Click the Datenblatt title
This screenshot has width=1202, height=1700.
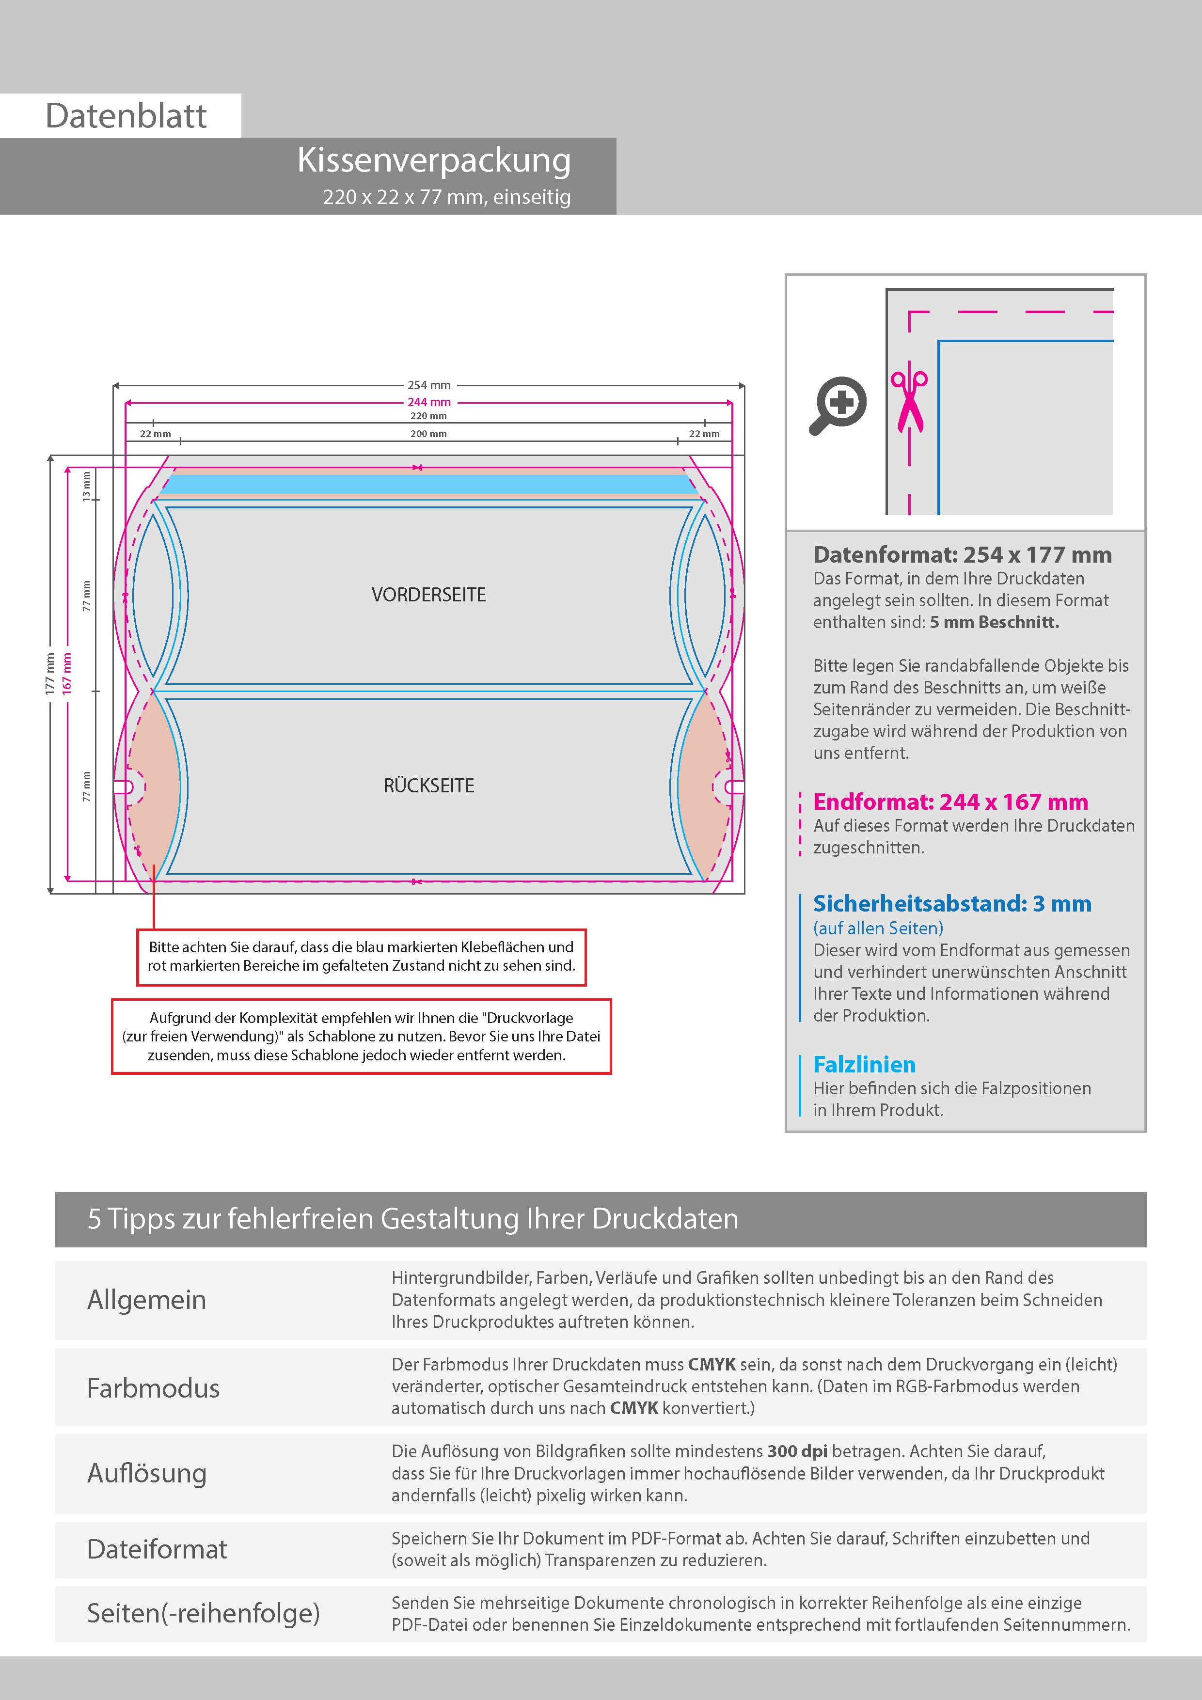pos(126,116)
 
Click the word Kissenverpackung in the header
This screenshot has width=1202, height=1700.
pos(433,161)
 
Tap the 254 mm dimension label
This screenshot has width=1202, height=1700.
pos(429,385)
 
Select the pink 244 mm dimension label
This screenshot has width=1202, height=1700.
pos(429,402)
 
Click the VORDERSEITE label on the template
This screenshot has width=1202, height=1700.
pos(429,595)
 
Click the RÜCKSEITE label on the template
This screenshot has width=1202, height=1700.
pos(429,786)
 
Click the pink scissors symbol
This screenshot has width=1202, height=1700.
pos(909,400)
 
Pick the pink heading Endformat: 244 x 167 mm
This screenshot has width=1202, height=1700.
pos(950,802)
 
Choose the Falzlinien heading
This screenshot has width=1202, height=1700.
pos(864,1065)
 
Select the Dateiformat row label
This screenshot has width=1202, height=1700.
pos(157,1549)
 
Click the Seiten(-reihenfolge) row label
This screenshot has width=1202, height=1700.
pos(203,1613)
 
